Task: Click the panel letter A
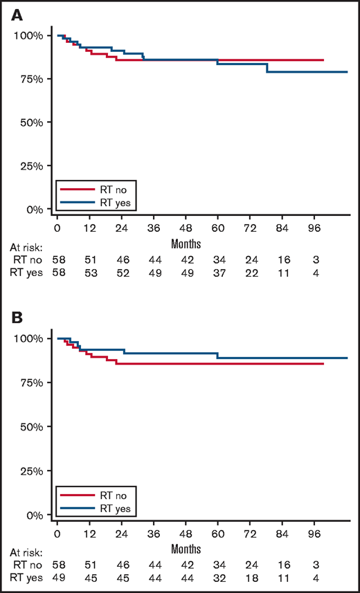14,14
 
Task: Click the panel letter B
14,318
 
